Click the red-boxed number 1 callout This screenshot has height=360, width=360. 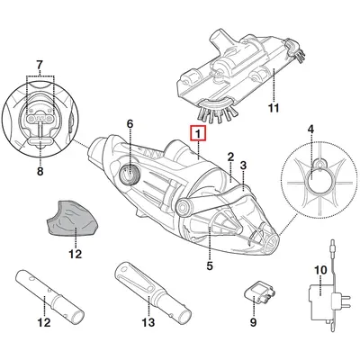point(198,133)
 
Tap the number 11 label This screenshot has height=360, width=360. point(274,108)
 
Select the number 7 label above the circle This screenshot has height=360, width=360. point(40,65)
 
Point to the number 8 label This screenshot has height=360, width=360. point(40,171)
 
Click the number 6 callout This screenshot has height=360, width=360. point(130,124)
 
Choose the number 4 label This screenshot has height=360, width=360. point(310,130)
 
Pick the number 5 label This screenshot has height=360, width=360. point(210,265)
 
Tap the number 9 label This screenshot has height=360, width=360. point(254,322)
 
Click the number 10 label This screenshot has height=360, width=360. point(320,270)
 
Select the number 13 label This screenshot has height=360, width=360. point(148,322)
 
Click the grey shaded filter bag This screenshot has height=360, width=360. point(71,218)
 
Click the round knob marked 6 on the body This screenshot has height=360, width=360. point(130,174)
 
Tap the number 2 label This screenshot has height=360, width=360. point(230,157)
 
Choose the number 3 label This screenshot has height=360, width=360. point(243,165)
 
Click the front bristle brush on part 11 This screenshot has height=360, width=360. point(217,111)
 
